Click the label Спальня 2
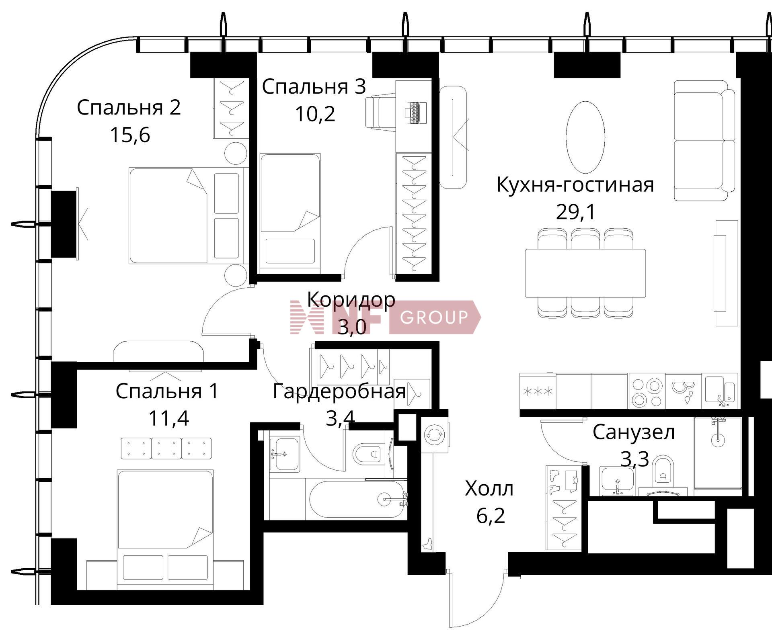click(129, 108)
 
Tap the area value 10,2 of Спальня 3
click(315, 114)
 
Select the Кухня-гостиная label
click(575, 185)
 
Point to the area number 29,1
click(575, 212)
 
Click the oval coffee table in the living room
click(585, 137)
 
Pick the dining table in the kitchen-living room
click(585, 273)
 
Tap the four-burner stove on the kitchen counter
click(647, 391)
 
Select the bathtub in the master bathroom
click(357, 499)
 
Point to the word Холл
click(489, 489)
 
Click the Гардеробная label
click(339, 391)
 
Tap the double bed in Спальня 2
click(187, 215)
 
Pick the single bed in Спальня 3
click(290, 209)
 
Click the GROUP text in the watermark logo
click(434, 317)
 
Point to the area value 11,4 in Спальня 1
click(168, 418)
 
